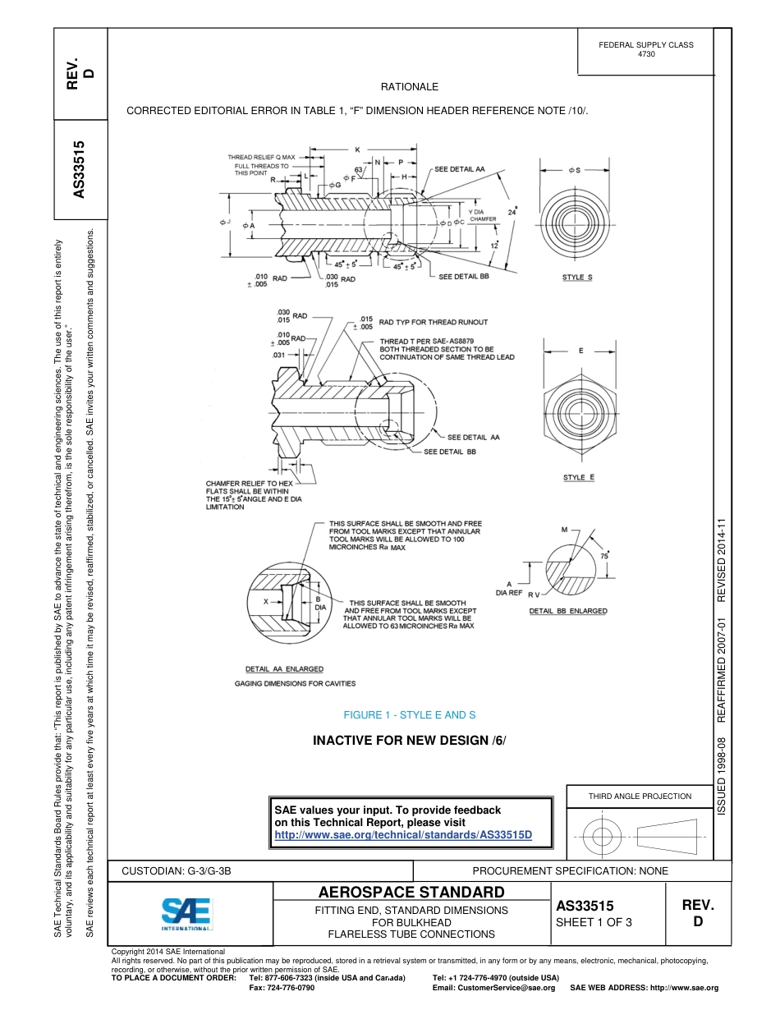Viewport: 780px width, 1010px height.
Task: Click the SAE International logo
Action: pos(186,911)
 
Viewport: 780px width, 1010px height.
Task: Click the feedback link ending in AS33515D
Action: pos(403,835)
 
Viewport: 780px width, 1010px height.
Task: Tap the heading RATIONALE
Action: pos(409,87)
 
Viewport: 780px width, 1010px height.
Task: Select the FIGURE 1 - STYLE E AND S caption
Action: pos(409,715)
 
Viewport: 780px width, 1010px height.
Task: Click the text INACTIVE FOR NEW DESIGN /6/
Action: pos(409,741)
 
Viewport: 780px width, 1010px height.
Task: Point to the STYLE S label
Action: pos(577,278)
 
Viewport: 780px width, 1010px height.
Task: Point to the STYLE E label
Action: pos(578,477)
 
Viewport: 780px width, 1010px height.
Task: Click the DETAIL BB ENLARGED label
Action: pos(568,611)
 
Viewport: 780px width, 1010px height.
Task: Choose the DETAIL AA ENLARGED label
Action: pos(285,668)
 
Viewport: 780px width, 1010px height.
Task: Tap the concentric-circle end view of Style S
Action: pos(579,218)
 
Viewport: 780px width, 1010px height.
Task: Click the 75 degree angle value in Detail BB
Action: pos(604,556)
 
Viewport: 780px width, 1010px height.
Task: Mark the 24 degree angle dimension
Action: pos(513,211)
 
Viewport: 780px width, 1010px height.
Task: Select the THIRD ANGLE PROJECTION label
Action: pos(640,796)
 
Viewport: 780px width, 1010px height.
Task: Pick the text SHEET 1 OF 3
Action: pos(594,922)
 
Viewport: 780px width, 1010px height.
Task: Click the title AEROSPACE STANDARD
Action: pos(411,893)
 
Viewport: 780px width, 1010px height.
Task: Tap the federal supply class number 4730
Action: pos(645,54)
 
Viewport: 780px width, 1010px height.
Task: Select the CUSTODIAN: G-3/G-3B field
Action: pos(182,870)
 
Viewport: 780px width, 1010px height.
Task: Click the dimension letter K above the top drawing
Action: pos(357,149)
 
